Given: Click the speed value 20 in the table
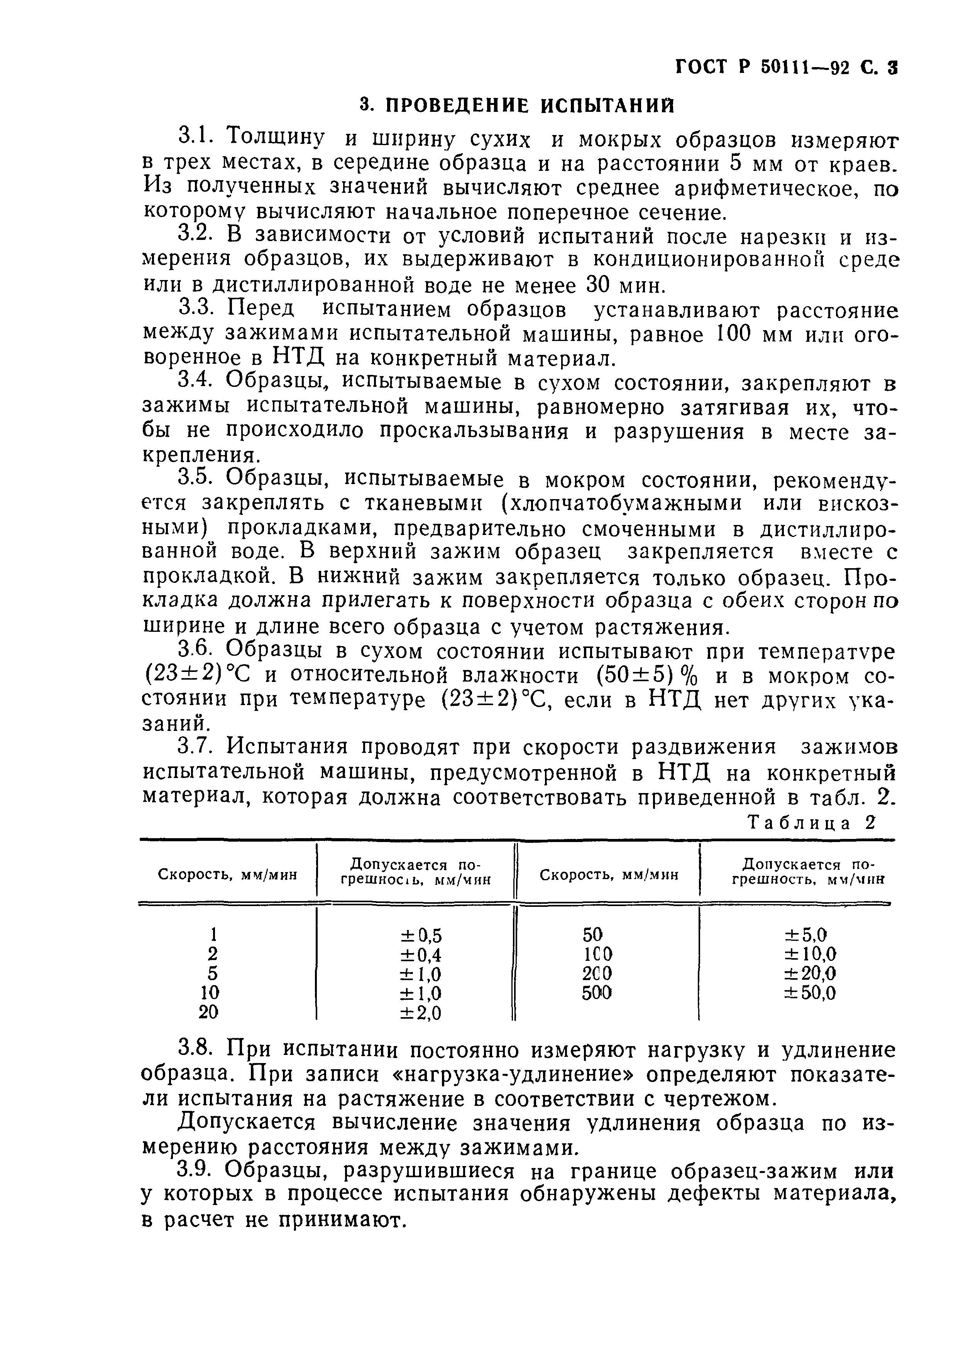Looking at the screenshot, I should click(x=208, y=1013).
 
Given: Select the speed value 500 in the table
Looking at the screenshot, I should click(x=596, y=992).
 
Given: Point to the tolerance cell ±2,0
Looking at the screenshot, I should click(x=420, y=1014).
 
